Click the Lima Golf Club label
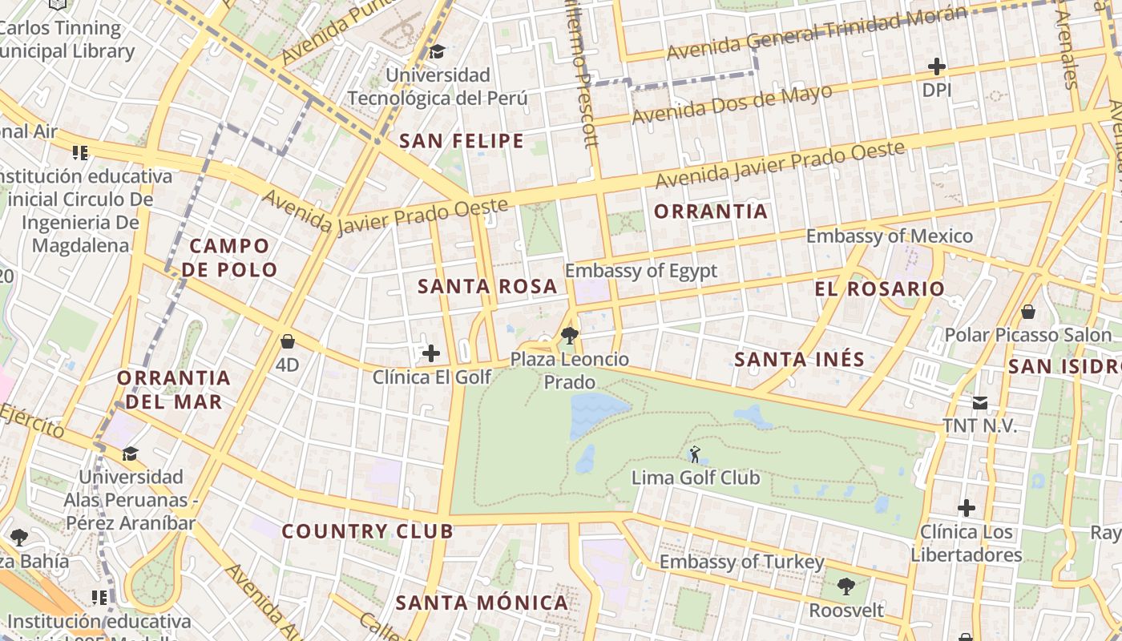(x=696, y=478)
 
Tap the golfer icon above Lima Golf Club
(x=695, y=454)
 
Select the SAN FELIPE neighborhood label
(x=462, y=142)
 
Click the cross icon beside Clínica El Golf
(x=431, y=353)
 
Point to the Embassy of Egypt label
(x=641, y=271)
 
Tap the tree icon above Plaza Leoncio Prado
(x=570, y=335)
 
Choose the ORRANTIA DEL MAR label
(x=174, y=389)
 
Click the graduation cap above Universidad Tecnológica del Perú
(x=437, y=52)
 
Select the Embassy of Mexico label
(x=889, y=236)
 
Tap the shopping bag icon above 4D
(x=288, y=342)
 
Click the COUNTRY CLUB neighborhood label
(x=367, y=531)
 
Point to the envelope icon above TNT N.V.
(x=979, y=402)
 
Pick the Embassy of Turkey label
(x=741, y=562)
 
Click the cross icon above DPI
(x=936, y=67)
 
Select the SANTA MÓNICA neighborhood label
(x=482, y=603)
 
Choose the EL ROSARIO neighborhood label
(x=880, y=289)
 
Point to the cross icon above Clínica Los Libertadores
(x=967, y=507)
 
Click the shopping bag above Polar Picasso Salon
(x=1028, y=311)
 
